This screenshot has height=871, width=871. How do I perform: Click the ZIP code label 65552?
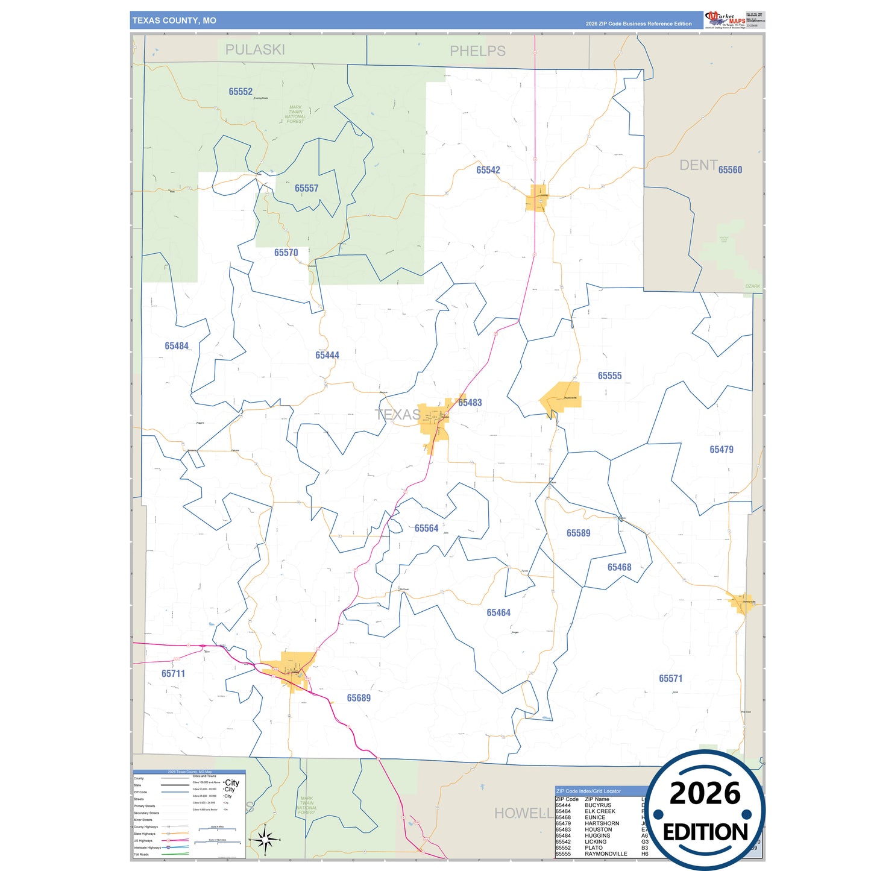(241, 92)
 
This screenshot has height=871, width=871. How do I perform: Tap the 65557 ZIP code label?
(306, 189)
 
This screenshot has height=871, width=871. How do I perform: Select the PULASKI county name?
(255, 50)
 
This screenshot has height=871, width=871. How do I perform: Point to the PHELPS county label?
(477, 51)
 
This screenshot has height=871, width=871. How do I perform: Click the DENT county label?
(698, 165)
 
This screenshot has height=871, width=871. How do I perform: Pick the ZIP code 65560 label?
(730, 170)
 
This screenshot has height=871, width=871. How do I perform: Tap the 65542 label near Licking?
(488, 171)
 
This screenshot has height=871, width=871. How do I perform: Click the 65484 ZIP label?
(177, 346)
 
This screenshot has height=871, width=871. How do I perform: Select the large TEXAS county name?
(398, 415)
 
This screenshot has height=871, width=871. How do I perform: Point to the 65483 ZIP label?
(470, 403)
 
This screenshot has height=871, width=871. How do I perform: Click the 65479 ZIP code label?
(722, 450)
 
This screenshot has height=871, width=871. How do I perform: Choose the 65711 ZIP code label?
(173, 674)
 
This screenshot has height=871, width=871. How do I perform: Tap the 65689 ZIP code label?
(359, 698)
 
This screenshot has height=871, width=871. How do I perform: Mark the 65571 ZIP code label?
(670, 679)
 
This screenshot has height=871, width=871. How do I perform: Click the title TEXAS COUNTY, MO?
(174, 20)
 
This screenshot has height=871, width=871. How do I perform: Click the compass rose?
(265, 839)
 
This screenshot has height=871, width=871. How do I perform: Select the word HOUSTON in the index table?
(598, 829)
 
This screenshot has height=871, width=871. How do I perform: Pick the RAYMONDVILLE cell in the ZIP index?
(606, 854)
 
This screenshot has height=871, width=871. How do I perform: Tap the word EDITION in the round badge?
(705, 832)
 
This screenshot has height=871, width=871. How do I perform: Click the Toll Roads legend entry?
(142, 854)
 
